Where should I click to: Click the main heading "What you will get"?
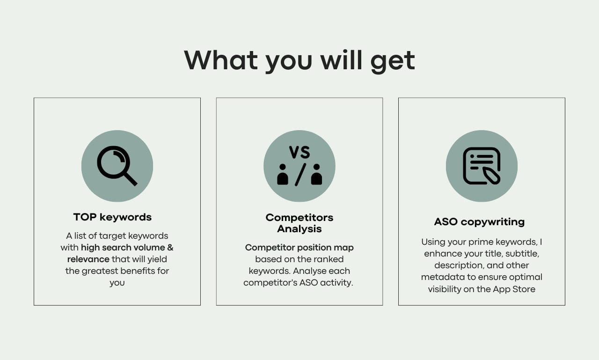point(299,60)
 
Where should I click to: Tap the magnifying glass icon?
point(117,166)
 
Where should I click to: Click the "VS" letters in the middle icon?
point(299,152)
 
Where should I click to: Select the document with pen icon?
point(482,166)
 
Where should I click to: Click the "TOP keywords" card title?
point(112,217)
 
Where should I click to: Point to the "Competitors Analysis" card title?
point(299,223)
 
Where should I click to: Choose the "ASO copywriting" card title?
point(479,222)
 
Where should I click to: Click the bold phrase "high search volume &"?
point(127,248)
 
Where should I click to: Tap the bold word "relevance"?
point(88,259)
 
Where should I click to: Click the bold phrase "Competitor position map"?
point(299,248)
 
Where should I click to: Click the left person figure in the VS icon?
point(283,175)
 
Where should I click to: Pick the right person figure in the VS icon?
point(317,175)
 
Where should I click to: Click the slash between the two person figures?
point(300,175)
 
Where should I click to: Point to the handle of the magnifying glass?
point(130,178)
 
